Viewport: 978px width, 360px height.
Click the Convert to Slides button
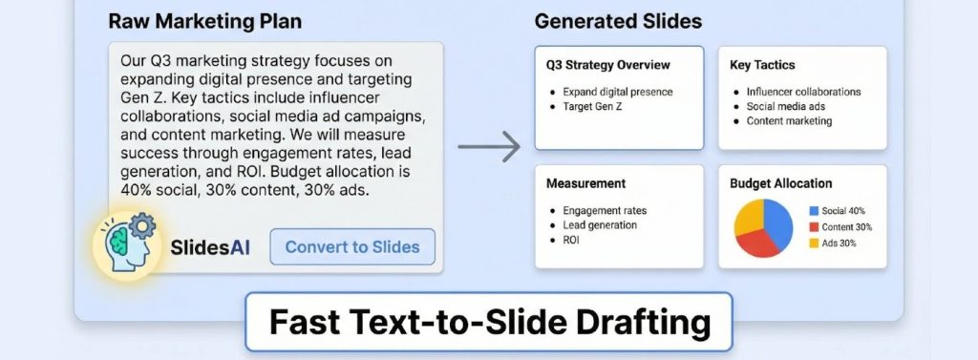click(352, 246)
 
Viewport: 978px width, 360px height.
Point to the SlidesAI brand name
click(210, 247)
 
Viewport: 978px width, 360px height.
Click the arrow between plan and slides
click(489, 147)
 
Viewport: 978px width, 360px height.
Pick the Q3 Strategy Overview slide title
click(607, 66)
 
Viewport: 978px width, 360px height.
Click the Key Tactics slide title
click(762, 66)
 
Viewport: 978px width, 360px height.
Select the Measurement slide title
click(585, 182)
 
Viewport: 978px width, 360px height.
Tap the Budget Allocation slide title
click(780, 182)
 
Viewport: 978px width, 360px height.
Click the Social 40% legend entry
click(839, 210)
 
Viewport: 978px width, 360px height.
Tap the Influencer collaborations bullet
click(803, 92)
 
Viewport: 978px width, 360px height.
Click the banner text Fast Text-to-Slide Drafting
click(489, 323)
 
